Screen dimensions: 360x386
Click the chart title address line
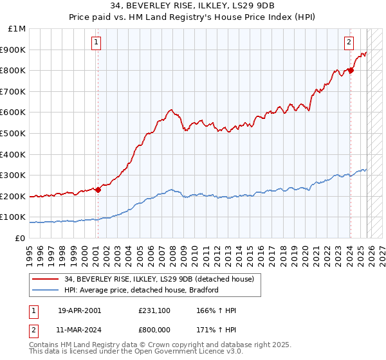point(193,5)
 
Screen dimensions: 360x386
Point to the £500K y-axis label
point(15,134)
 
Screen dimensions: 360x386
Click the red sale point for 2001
point(98,190)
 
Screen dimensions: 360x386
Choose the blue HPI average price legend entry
point(142,290)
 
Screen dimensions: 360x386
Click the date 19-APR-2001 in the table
point(79,310)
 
